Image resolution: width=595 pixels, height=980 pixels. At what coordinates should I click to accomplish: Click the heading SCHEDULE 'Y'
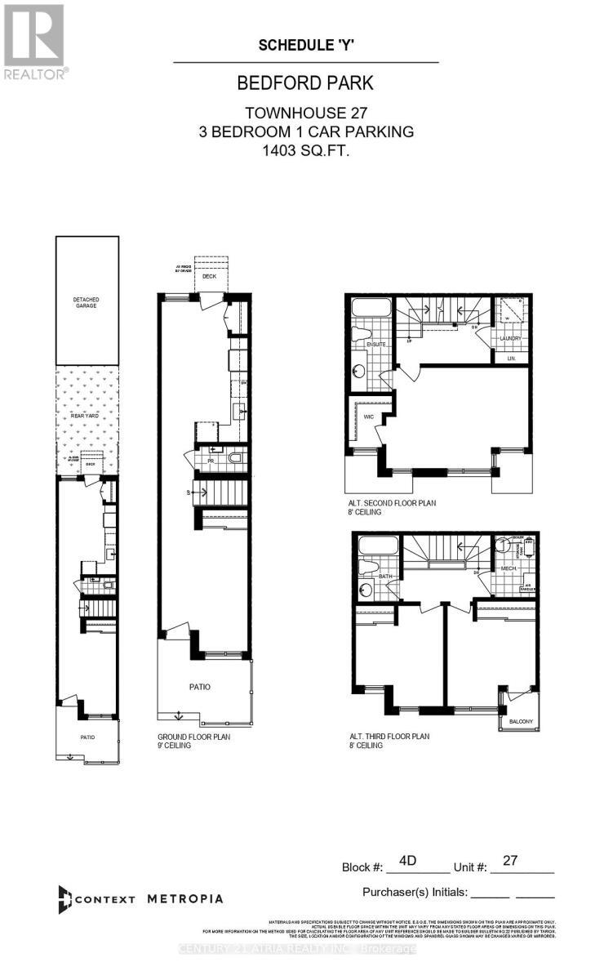click(305, 46)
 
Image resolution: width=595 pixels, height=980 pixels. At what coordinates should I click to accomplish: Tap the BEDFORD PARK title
click(305, 83)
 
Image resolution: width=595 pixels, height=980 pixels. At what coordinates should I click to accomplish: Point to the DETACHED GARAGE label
click(87, 303)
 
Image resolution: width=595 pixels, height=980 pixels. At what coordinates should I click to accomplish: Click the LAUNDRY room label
click(510, 338)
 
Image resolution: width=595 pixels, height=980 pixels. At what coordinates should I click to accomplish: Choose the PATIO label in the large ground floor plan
click(200, 687)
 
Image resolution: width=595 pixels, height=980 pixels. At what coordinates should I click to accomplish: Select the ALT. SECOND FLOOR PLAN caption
click(392, 504)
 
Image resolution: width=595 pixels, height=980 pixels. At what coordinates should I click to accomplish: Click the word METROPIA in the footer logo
click(184, 898)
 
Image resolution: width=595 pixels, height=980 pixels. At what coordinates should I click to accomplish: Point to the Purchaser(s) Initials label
click(413, 892)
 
